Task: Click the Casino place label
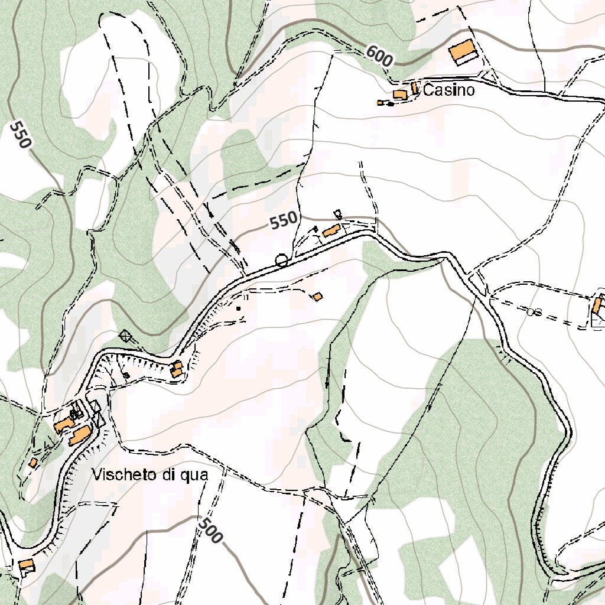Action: [x=449, y=90]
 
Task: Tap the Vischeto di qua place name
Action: [x=151, y=474]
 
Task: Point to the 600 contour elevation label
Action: [x=379, y=56]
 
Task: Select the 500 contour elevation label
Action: [x=211, y=530]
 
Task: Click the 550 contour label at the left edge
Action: [x=20, y=134]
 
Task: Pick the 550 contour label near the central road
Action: [x=284, y=221]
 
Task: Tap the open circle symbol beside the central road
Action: [x=281, y=259]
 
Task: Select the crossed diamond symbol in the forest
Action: [x=125, y=337]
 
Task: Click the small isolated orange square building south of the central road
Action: [x=318, y=297]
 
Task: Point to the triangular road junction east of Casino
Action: [x=489, y=77]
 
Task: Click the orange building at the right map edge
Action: [x=597, y=306]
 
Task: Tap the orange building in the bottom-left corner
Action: [x=25, y=565]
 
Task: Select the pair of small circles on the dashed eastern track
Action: [x=534, y=311]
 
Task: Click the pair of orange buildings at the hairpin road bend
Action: [x=176, y=370]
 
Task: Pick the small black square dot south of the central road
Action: [x=239, y=308]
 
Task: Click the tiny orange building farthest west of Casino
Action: [x=380, y=103]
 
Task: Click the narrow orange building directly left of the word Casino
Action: [x=415, y=88]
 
